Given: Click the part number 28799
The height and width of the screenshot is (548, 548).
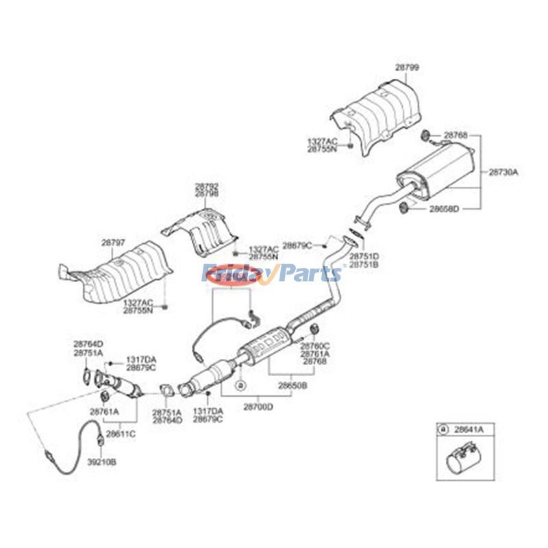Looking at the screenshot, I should click(407, 67).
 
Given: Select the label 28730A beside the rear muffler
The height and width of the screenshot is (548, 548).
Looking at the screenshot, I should click(503, 173).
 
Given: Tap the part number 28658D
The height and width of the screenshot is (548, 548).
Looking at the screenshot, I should click(445, 208).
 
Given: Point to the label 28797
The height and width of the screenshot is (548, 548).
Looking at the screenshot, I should click(114, 242).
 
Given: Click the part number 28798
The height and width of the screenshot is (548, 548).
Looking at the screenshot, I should click(207, 195).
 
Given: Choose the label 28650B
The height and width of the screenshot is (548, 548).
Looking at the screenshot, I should click(292, 386).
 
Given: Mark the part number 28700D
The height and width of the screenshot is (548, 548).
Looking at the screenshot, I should click(258, 407).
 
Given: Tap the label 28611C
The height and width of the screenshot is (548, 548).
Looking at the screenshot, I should click(121, 434).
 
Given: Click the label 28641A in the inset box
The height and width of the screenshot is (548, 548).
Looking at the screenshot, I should click(470, 429).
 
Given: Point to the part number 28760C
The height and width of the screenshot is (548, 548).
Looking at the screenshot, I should click(315, 347).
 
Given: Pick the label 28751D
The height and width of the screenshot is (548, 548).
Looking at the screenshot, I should click(364, 256).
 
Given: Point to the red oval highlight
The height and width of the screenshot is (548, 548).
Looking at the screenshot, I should click(232, 275).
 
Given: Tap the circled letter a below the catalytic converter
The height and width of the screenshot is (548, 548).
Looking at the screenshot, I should click(240, 386).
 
